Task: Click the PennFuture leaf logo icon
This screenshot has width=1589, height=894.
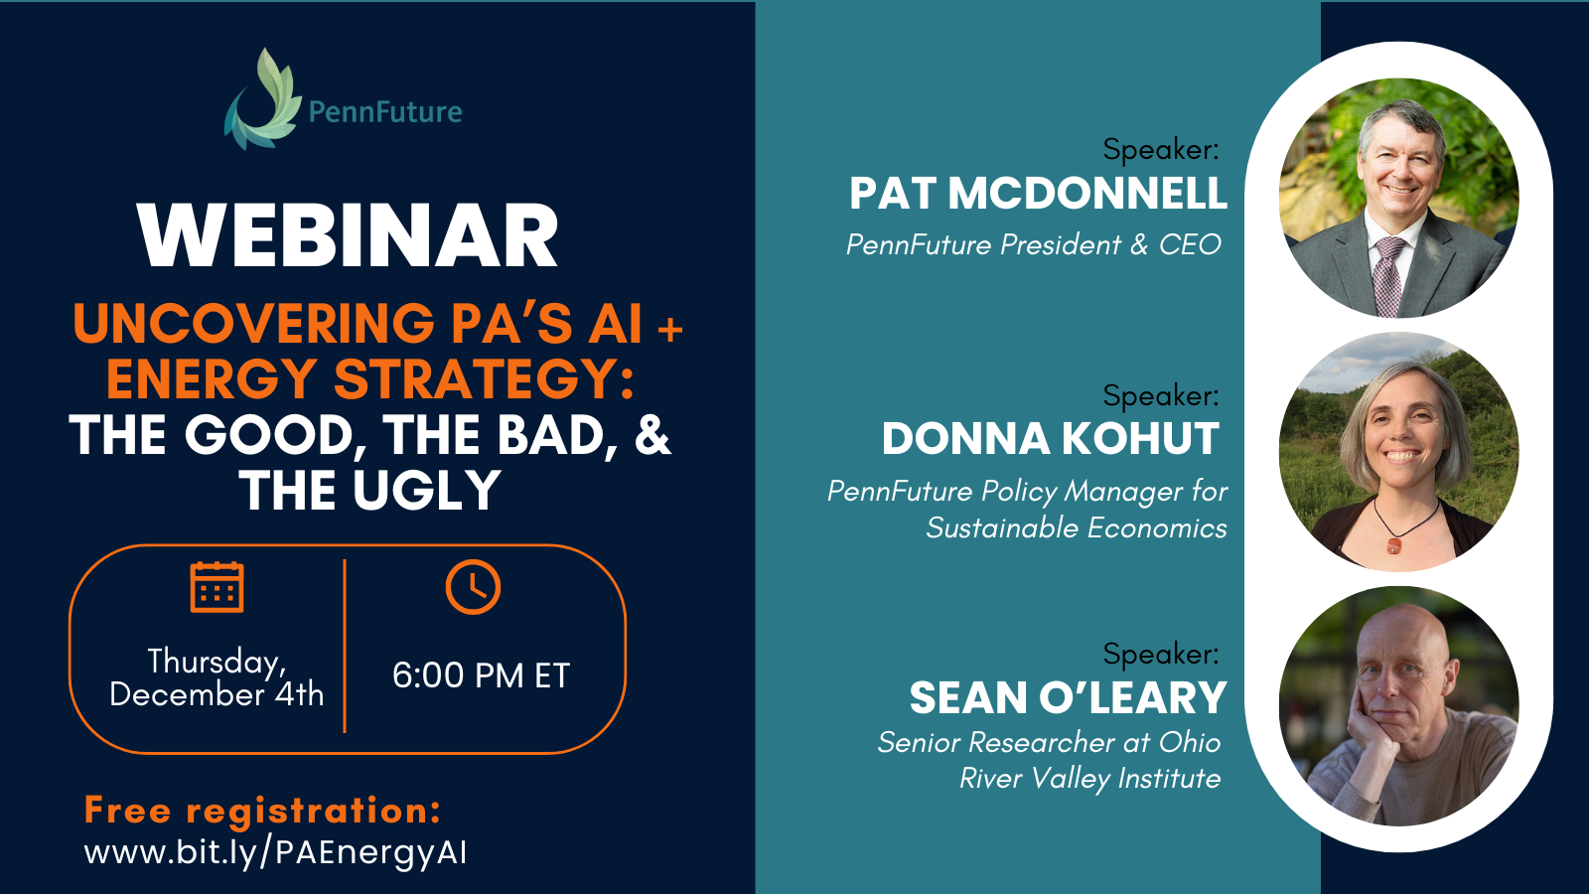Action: [262, 101]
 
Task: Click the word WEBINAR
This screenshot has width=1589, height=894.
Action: [349, 236]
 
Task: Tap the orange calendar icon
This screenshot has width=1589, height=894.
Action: [217, 587]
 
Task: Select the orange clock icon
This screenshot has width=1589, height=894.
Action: [473, 587]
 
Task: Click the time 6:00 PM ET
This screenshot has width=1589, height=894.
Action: [481, 675]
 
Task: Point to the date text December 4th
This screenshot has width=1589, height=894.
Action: [217, 694]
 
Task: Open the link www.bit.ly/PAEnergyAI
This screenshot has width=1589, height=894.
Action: [275, 852]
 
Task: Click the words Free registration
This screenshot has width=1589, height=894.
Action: [262, 811]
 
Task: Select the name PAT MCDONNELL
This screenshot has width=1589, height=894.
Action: [1038, 194]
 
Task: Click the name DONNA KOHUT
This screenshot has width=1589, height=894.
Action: [1050, 439]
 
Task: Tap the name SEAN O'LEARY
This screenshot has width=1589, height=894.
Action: [1068, 698]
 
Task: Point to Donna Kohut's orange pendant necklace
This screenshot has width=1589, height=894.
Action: [1394, 545]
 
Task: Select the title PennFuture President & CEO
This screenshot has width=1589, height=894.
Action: [1033, 245]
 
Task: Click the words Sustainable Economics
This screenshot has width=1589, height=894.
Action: [1076, 528]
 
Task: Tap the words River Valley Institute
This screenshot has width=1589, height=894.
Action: [1089, 779]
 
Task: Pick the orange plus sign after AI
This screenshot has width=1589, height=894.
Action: [670, 329]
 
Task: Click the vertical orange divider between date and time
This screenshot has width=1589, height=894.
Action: [345, 646]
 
